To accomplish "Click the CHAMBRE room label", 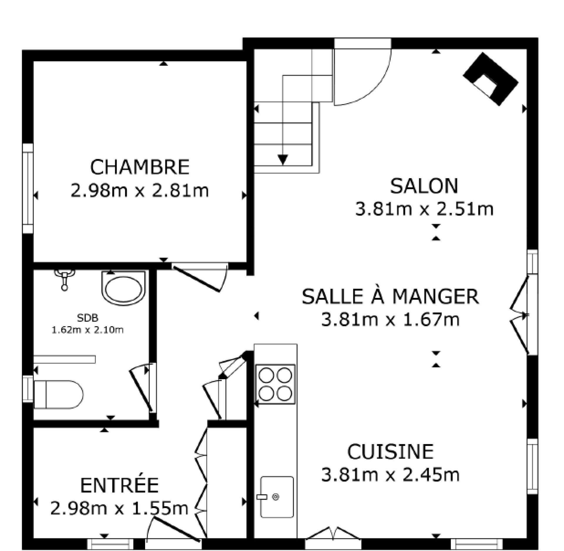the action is [x=140, y=167].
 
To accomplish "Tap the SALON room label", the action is [x=424, y=186].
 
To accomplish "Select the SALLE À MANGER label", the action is [x=390, y=296].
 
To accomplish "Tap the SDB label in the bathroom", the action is [x=88, y=318].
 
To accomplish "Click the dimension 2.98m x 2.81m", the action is [x=140, y=191].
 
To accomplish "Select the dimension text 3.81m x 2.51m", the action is [x=424, y=209].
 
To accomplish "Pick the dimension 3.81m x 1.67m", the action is [x=390, y=320].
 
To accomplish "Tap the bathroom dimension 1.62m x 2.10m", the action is [x=88, y=330].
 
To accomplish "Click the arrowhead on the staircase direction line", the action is [x=283, y=160].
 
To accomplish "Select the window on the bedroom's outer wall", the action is [x=28, y=188].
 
